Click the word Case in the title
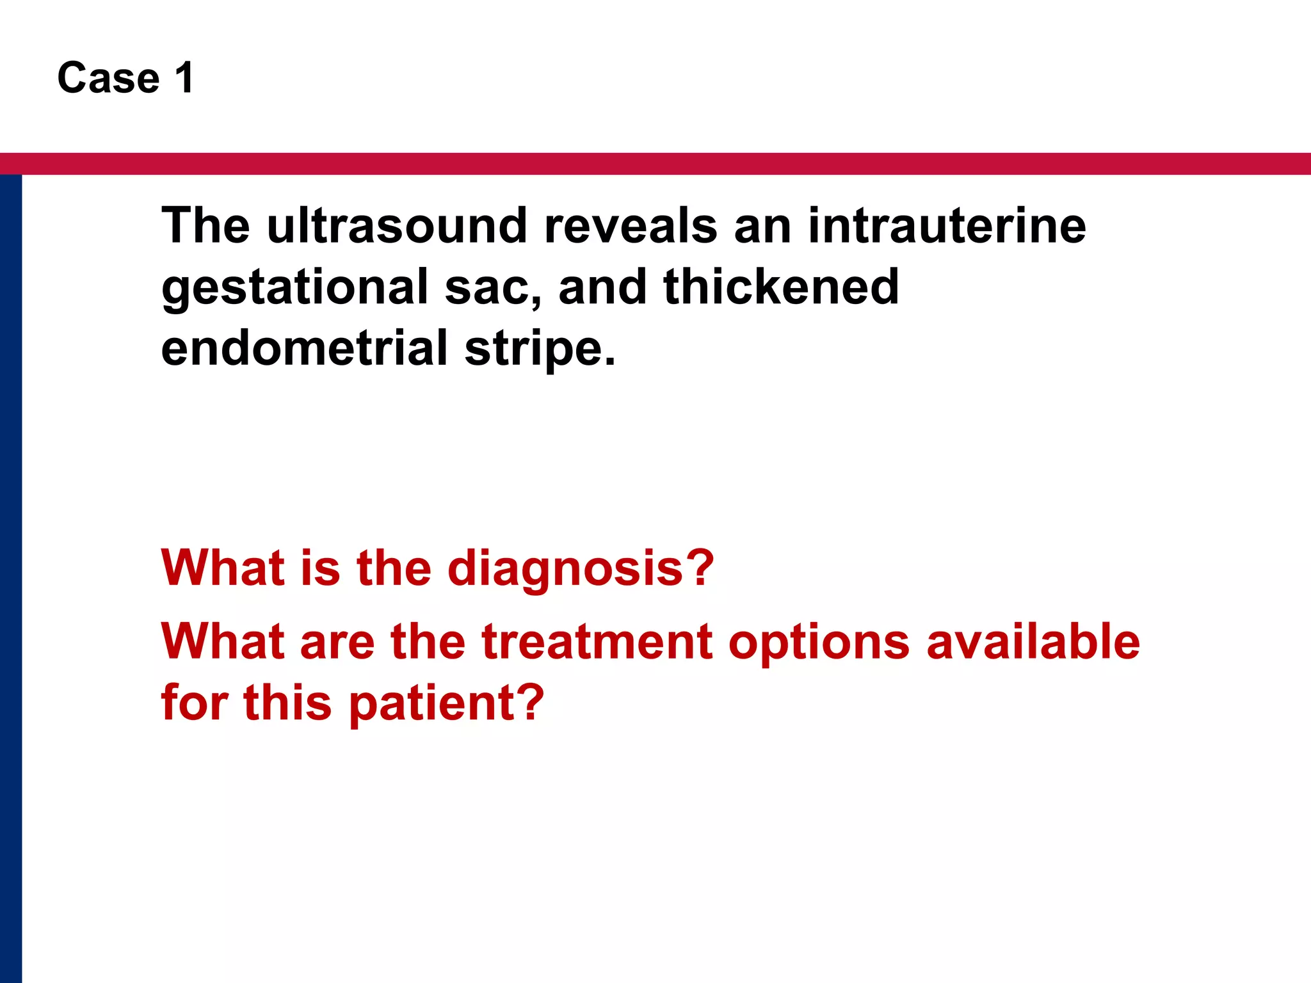pos(108,78)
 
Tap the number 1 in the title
pos(184,78)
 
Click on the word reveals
pos(631,226)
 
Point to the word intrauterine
pos(947,226)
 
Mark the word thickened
pos(782,287)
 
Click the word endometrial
pos(305,348)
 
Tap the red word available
pos(1033,642)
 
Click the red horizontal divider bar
pos(655,164)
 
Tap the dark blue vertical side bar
pos(11,576)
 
